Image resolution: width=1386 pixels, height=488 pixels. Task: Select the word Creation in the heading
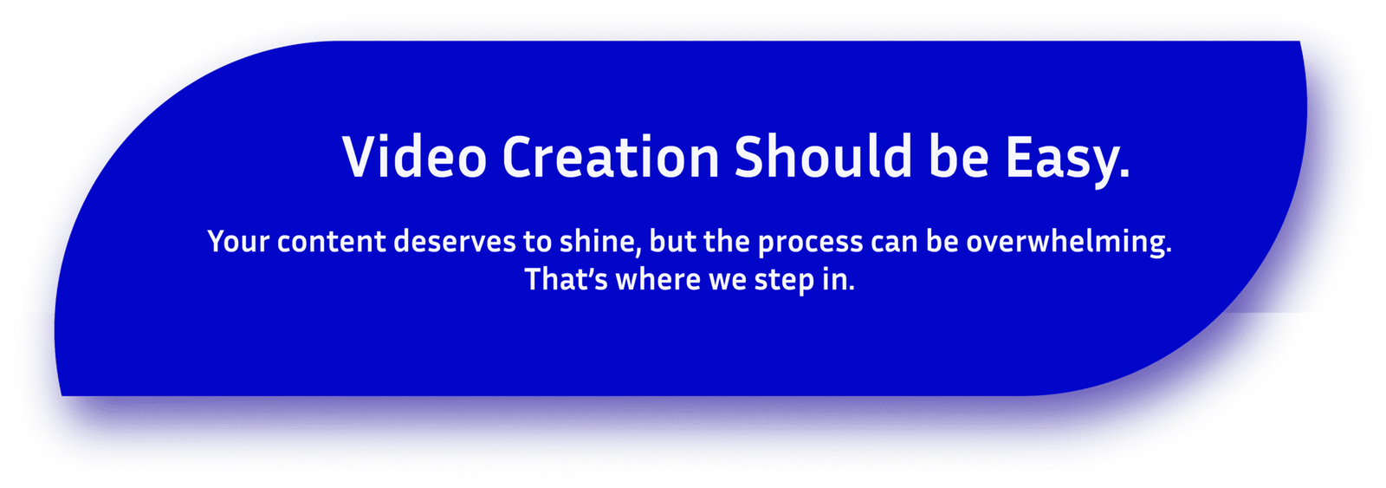click(611, 156)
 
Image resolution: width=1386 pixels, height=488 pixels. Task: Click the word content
click(332, 242)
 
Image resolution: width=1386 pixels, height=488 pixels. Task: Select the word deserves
click(455, 242)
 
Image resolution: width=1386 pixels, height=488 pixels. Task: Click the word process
click(811, 244)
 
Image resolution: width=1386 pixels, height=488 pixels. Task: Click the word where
click(658, 279)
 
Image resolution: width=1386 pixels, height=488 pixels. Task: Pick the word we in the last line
click(728, 282)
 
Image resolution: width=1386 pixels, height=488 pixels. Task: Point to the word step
click(785, 283)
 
